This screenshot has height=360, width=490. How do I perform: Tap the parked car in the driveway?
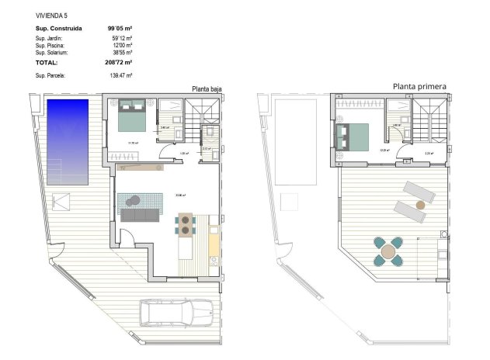[175, 313]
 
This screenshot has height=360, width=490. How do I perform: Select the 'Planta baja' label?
[207, 89]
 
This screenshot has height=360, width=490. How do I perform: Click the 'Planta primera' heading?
[419, 87]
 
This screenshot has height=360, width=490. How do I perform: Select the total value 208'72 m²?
[120, 61]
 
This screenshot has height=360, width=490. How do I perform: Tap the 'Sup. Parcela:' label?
[50, 75]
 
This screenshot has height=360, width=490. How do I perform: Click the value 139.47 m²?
[121, 75]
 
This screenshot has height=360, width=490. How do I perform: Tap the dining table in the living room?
[186, 224]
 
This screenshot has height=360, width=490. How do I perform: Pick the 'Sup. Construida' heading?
[59, 29]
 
